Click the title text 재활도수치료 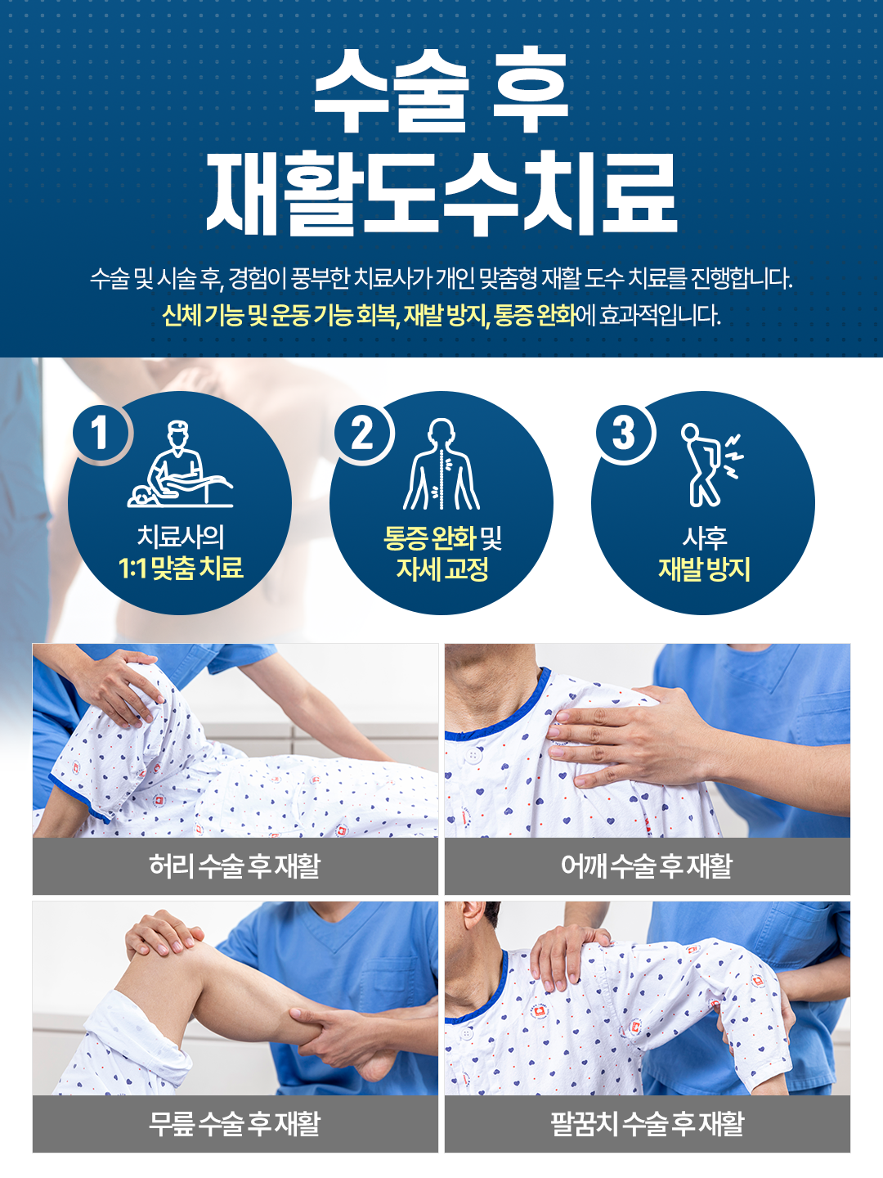coord(441,195)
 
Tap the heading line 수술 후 coord(441,90)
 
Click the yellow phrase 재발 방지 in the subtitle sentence coord(446,315)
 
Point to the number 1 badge coord(100,433)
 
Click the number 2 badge coord(362,433)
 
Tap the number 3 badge coord(624,433)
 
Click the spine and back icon coord(441,465)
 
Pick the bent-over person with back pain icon coord(710,465)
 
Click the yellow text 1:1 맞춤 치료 coord(181,568)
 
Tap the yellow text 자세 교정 coord(442,569)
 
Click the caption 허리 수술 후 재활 coord(235,866)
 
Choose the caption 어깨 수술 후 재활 coord(647,866)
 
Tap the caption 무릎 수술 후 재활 coord(235,1124)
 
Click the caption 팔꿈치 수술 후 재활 coord(647,1124)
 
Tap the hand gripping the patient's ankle coord(360,1039)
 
